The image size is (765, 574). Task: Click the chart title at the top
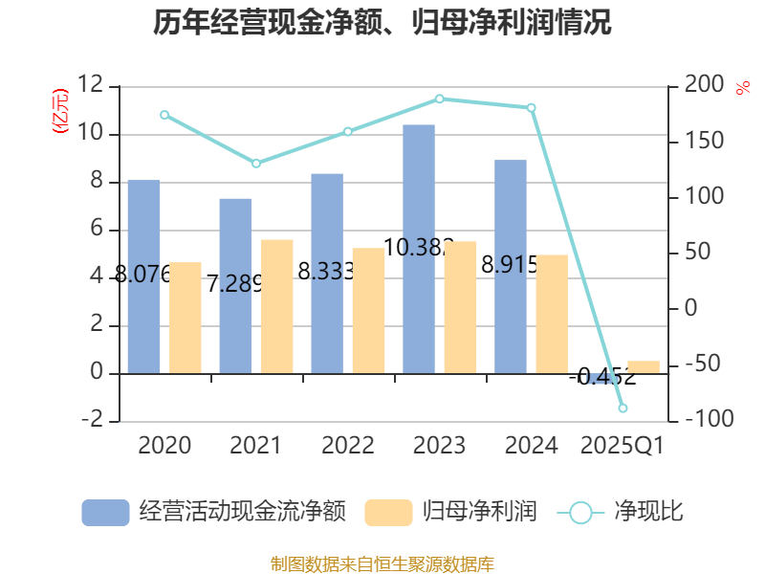click(382, 21)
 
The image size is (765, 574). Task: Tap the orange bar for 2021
click(276, 306)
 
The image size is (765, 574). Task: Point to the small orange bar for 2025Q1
click(643, 367)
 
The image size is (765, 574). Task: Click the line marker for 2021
click(256, 164)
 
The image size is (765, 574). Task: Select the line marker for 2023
click(440, 99)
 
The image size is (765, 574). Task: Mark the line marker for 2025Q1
click(623, 408)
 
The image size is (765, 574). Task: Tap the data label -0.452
click(602, 377)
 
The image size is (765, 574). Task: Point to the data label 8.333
click(326, 272)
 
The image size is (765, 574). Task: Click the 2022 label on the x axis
click(348, 446)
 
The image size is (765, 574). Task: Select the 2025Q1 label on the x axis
click(623, 446)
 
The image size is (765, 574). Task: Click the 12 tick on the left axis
click(91, 85)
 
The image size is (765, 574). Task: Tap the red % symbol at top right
click(742, 88)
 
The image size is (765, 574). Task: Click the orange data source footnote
click(382, 563)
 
